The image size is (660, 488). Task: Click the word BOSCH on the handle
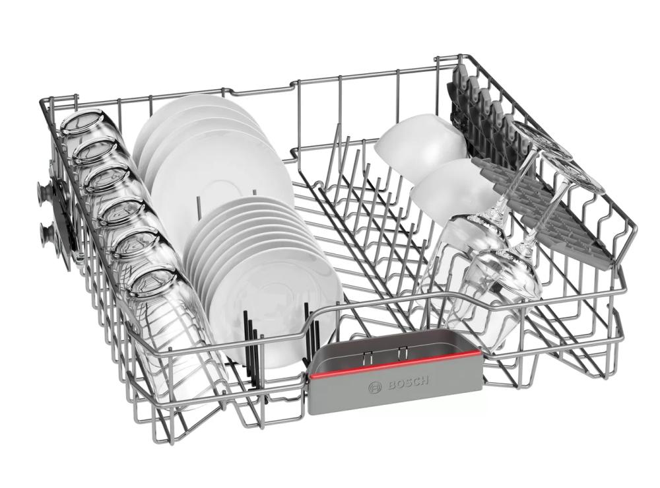coord(405,383)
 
